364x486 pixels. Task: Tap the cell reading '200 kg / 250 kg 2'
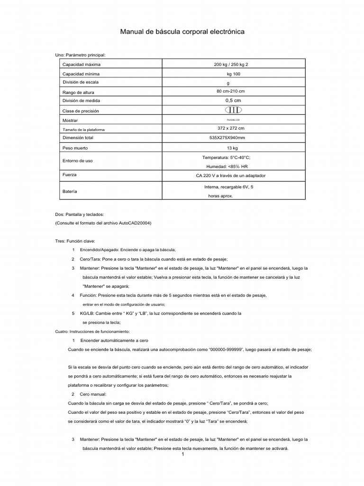point(231,65)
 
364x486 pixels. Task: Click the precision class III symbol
point(231,110)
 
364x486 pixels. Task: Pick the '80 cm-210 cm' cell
point(231,91)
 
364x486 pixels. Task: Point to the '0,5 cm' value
point(231,101)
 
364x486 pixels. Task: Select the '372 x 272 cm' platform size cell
point(231,129)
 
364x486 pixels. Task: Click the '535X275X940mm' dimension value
point(231,138)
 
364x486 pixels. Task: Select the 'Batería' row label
point(70,191)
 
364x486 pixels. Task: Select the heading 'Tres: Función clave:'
point(75,241)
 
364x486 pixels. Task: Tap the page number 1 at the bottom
point(182,454)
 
